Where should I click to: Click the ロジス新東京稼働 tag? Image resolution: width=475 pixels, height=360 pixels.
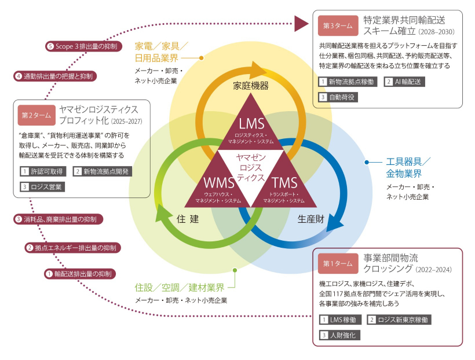(399, 319)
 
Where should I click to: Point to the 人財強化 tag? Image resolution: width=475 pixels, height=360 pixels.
(340, 335)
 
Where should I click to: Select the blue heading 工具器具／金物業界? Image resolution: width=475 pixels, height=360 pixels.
(408, 168)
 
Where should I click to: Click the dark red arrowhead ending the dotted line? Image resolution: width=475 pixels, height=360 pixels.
(300, 23)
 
